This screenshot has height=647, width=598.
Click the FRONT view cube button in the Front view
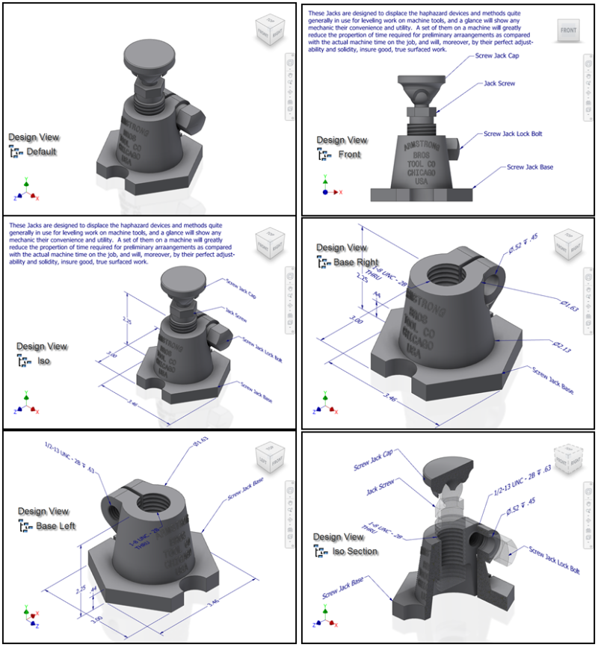pos(569,30)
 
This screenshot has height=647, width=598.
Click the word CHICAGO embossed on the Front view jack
pos(424,173)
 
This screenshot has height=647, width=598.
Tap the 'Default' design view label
pos(41,152)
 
